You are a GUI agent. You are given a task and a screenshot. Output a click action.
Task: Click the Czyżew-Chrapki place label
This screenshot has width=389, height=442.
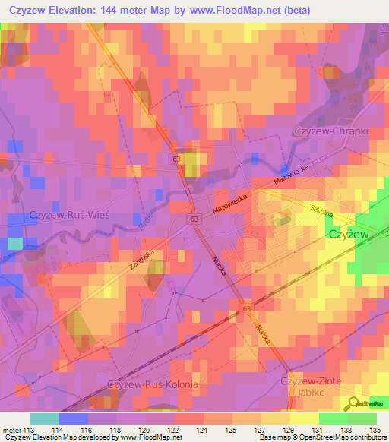coord(330,131)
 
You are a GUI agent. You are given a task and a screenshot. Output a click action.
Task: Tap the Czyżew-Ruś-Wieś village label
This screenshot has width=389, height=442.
coord(69,215)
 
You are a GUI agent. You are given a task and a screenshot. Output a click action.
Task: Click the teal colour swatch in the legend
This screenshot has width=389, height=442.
coord(44,418)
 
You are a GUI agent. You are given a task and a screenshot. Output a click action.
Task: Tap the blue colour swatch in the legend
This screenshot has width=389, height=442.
coord(73,418)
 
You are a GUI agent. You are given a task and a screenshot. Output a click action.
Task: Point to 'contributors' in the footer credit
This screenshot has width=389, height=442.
coord(368,438)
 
